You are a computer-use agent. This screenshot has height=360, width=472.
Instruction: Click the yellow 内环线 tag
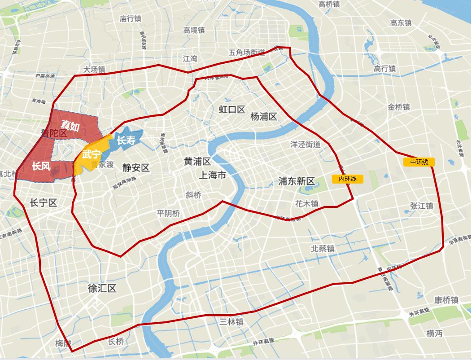pos(348,179)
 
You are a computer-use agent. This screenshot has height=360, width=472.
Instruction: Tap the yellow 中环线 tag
pos(419,162)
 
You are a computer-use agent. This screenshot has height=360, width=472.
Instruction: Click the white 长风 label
pos(41,166)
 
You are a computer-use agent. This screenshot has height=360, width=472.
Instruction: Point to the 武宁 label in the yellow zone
pos(92,154)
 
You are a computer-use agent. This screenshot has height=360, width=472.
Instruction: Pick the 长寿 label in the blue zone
pos(126,140)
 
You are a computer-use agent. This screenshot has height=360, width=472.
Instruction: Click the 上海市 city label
pos(213,175)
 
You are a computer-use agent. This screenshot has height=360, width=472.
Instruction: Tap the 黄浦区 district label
pos(197,162)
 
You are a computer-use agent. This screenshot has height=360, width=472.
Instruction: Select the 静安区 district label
pos(135,168)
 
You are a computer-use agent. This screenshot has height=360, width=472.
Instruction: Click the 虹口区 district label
pos(232,109)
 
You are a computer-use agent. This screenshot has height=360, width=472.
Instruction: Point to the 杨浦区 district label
pos(263,117)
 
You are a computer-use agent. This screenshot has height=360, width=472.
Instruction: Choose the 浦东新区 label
pos(296,181)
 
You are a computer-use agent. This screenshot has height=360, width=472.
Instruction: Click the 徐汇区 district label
pos(102,288)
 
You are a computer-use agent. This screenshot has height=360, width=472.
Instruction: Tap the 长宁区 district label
pos(43,203)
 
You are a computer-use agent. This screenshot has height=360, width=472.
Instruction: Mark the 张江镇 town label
pos(421,206)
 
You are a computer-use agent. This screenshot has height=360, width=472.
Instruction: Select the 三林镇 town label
pos(232,322)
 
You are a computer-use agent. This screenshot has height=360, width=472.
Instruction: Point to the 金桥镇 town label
pos(399,107)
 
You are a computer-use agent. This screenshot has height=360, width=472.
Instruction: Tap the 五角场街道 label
pos(247,53)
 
